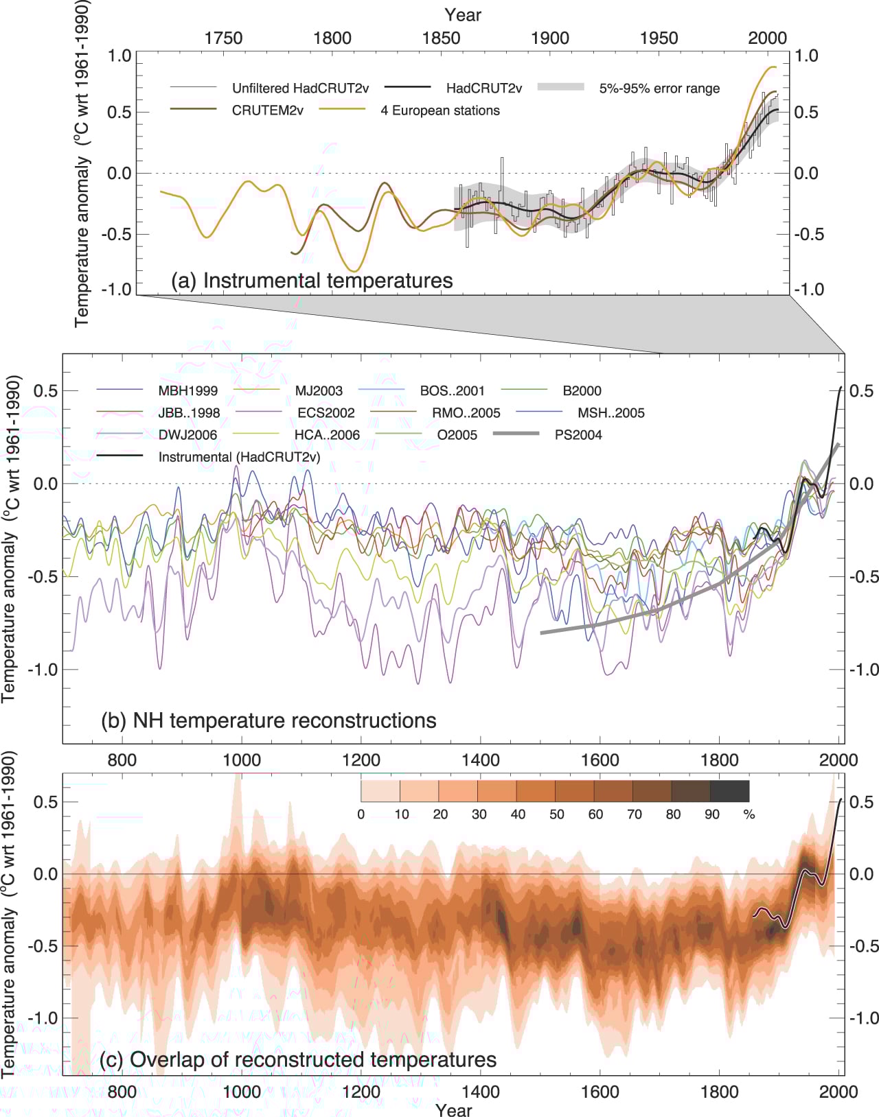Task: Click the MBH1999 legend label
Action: tap(188, 391)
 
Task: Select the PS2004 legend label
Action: tap(578, 435)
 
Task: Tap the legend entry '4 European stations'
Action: tap(440, 110)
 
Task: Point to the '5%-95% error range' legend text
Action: tap(659, 89)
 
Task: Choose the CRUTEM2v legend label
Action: tap(268, 110)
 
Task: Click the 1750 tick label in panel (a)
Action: tap(223, 38)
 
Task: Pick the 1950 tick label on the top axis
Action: tap(659, 38)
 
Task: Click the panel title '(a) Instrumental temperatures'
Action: tap(312, 281)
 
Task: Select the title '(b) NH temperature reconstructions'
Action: tap(269, 720)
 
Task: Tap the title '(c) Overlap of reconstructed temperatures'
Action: tap(297, 1059)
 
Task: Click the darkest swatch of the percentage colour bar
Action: tap(730, 792)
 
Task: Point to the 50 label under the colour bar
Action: tap(556, 814)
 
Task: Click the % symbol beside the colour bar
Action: tap(749, 814)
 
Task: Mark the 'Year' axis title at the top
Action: tap(463, 15)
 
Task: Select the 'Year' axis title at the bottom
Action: tap(453, 1109)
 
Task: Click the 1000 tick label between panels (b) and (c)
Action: tap(242, 760)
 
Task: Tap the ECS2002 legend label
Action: tap(326, 413)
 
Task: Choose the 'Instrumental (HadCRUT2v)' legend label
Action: tap(239, 457)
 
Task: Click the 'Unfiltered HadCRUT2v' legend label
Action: tap(300, 89)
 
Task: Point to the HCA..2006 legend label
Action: tap(328, 435)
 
